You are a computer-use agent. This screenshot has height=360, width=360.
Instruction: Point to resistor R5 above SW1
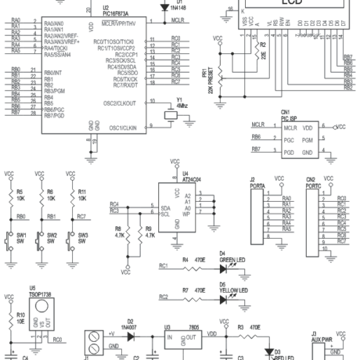[9, 194]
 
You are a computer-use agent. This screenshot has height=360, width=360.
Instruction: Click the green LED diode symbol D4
[224, 267]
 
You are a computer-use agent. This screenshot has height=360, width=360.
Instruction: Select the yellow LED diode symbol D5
[224, 297]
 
